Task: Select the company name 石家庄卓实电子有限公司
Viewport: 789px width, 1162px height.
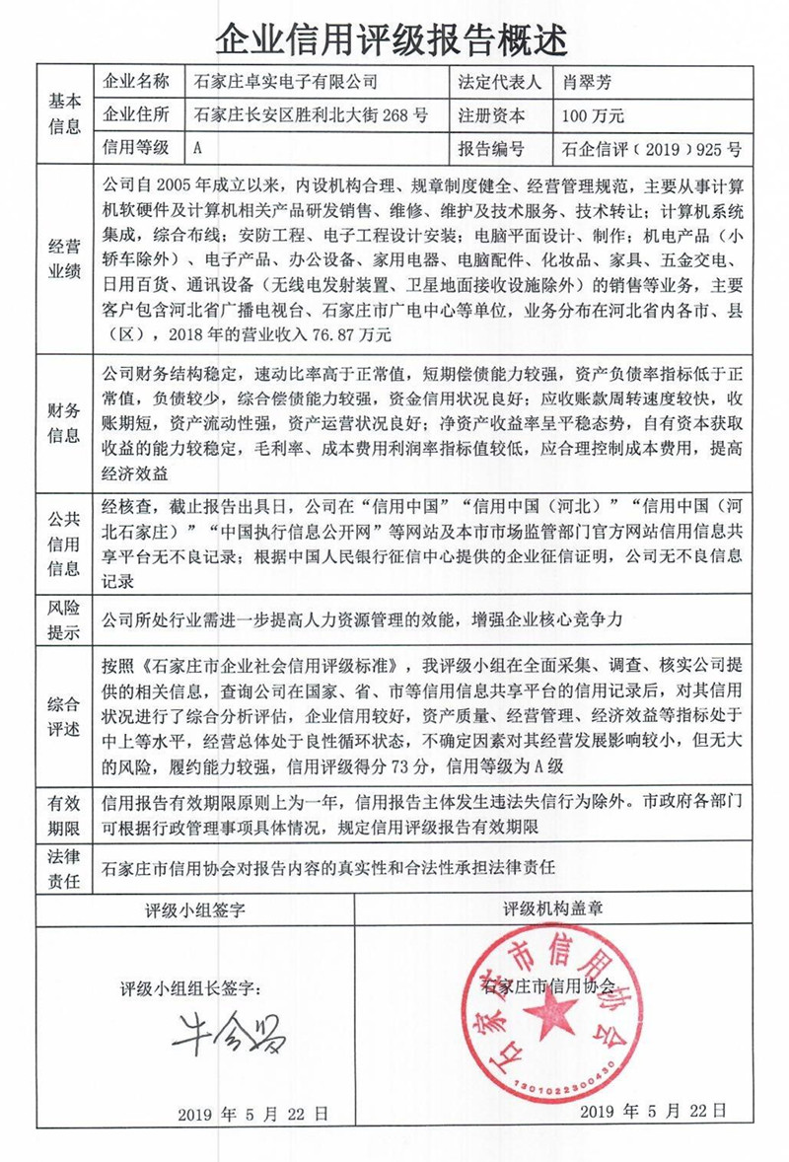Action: click(x=285, y=83)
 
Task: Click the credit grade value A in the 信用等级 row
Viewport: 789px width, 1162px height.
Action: click(x=199, y=149)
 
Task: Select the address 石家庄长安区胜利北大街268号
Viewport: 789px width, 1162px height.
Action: click(x=312, y=115)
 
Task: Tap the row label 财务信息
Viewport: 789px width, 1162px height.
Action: click(x=64, y=422)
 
